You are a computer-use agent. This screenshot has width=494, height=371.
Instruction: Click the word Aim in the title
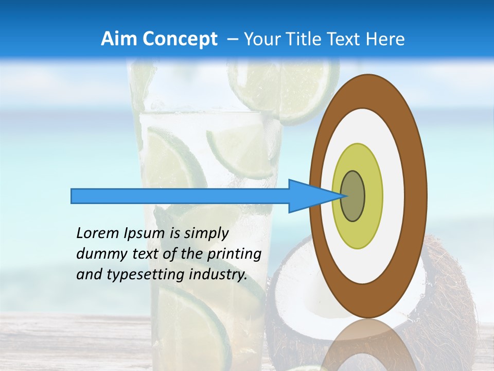point(119,39)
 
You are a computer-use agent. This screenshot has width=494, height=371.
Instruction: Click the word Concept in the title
point(180,39)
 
